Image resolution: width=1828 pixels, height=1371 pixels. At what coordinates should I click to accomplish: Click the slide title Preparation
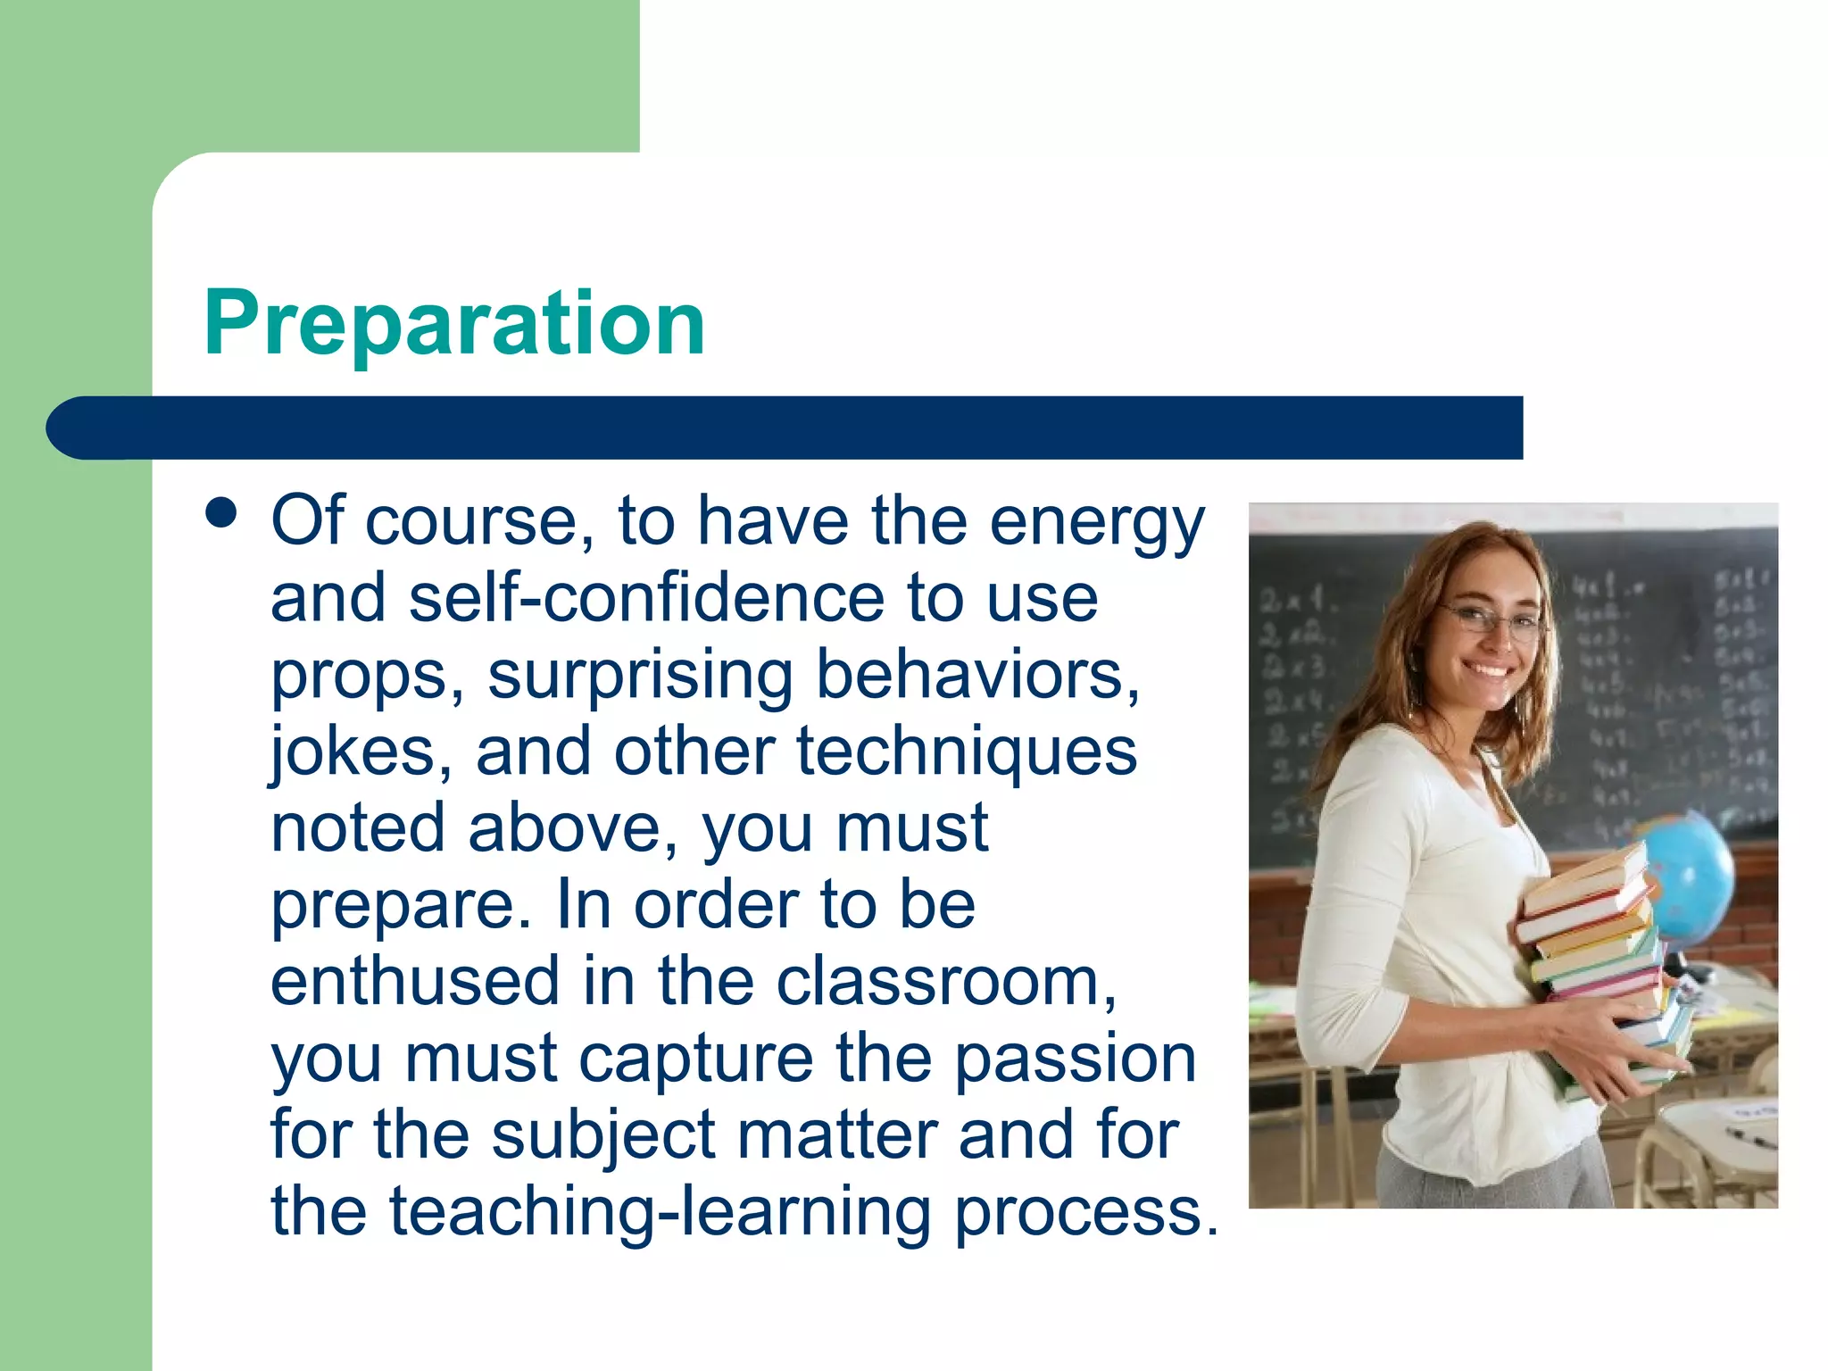[x=454, y=323]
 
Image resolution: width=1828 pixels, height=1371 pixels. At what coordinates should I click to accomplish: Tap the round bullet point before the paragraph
[x=221, y=514]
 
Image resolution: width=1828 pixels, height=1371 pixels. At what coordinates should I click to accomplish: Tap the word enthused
[x=415, y=981]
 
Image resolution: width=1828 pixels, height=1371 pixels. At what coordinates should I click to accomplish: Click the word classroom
[x=945, y=981]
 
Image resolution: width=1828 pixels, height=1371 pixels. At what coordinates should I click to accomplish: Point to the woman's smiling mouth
[x=1489, y=669]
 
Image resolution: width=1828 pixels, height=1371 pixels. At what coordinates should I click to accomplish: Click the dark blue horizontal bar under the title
[x=785, y=428]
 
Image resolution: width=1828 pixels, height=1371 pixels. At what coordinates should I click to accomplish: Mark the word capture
[x=695, y=1059]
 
